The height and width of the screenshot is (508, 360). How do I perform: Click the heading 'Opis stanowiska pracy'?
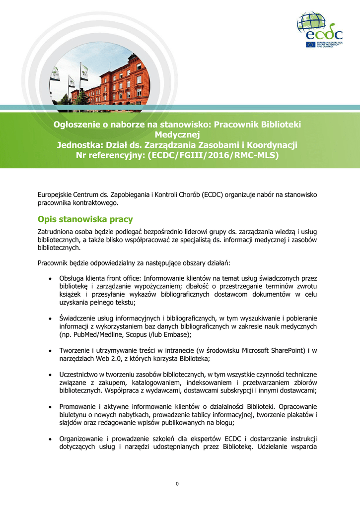point(85,219)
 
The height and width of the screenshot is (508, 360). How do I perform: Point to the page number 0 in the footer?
point(177,484)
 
